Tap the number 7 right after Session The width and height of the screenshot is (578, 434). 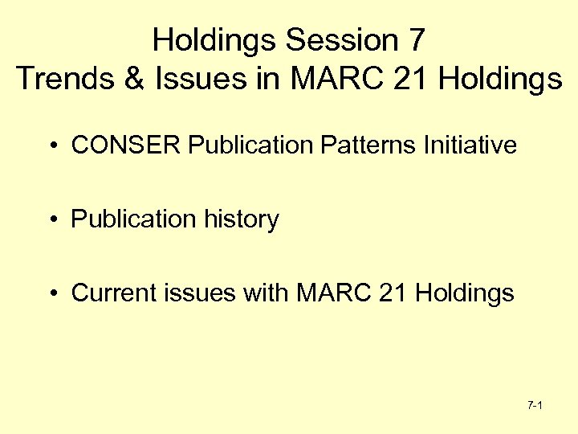click(x=414, y=39)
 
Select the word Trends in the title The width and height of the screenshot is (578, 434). click(x=57, y=79)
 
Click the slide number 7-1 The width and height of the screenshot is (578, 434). click(x=535, y=406)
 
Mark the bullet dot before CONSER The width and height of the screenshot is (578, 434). click(x=51, y=146)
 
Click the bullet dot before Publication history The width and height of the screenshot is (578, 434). click(x=51, y=220)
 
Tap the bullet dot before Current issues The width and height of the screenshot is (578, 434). click(x=51, y=294)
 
